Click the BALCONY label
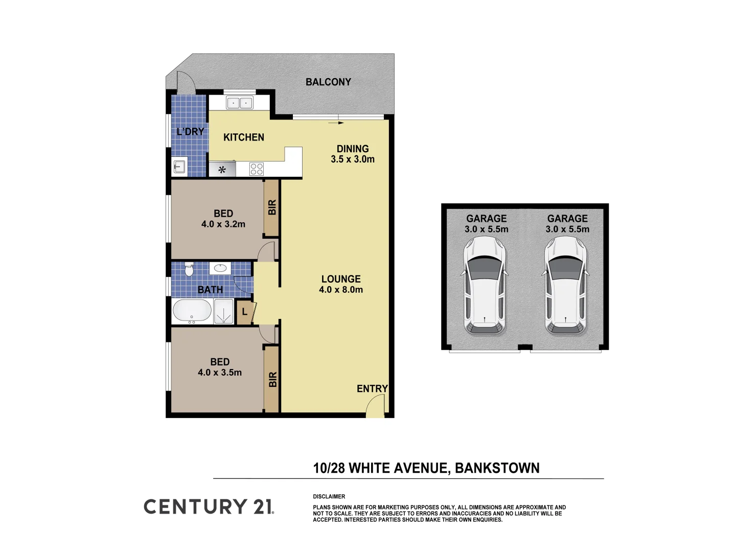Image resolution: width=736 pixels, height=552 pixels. [328, 82]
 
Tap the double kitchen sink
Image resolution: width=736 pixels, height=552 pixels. [239, 103]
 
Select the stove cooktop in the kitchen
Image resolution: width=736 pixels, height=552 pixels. [257, 169]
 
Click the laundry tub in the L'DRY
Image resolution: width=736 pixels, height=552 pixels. [179, 167]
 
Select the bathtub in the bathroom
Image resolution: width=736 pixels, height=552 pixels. [192, 311]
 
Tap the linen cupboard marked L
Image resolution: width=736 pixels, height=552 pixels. [245, 312]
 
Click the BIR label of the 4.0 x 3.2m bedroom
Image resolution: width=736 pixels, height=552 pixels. [272, 207]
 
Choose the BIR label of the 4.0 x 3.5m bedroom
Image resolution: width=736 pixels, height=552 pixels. [272, 379]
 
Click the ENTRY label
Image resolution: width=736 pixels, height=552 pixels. [372, 388]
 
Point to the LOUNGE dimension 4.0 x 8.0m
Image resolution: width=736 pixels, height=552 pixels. [341, 290]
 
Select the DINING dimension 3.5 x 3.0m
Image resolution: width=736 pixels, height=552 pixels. [353, 159]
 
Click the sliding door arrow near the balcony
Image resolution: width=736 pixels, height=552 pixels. [336, 123]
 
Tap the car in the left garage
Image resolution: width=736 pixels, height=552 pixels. [485, 286]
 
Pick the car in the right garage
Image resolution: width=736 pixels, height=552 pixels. [566, 286]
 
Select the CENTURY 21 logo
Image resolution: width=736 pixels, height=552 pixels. [209, 507]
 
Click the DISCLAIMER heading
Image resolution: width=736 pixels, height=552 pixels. [329, 496]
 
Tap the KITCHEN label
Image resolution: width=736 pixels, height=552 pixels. [244, 137]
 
